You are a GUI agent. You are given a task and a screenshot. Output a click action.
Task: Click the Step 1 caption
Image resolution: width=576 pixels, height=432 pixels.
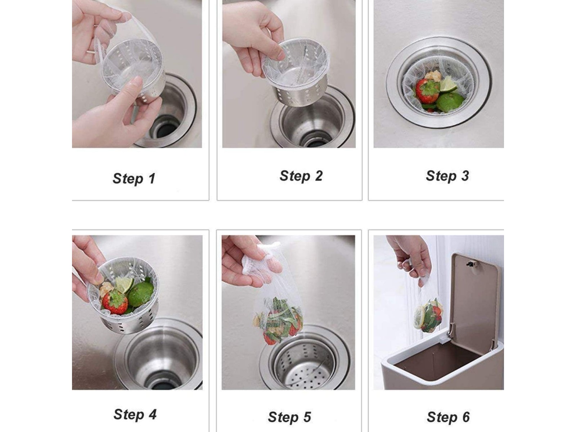(x=134, y=179)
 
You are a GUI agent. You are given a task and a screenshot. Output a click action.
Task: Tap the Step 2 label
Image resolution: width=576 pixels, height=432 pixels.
(x=301, y=176)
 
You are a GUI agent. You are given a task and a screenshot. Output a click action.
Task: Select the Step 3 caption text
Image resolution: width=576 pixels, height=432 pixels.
(x=447, y=176)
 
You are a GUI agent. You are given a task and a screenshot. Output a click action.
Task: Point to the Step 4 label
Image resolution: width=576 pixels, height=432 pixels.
(x=135, y=415)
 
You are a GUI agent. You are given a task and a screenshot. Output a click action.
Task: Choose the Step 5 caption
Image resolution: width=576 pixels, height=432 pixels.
(x=289, y=417)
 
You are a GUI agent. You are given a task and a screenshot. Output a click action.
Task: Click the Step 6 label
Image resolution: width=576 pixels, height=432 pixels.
(x=448, y=417)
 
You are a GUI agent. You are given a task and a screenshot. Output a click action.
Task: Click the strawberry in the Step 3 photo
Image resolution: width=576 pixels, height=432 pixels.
(x=427, y=90)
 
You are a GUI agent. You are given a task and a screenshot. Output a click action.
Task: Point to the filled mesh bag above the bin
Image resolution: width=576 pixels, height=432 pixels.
(x=428, y=315)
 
